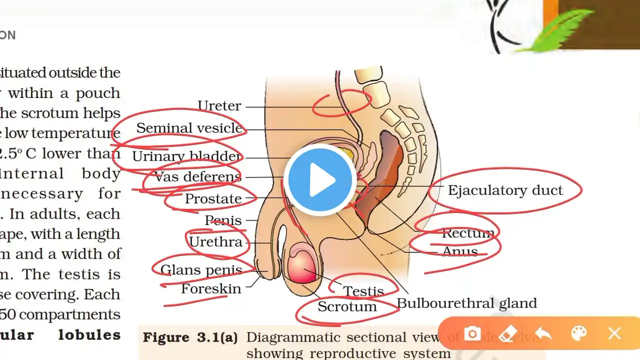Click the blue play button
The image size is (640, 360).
click(320, 180)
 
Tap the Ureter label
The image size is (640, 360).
click(219, 106)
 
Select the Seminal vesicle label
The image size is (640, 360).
click(189, 128)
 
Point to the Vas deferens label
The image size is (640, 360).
click(198, 176)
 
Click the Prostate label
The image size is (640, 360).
click(213, 199)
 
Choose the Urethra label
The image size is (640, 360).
click(215, 242)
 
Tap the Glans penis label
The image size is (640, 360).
click(201, 270)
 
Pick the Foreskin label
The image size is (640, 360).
click(210, 288)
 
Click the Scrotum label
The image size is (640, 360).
click(347, 306)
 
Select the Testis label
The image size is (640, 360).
click(363, 291)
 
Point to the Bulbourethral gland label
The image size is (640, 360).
click(466, 303)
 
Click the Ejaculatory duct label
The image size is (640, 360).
click(505, 190)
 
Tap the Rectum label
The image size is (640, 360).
click(468, 233)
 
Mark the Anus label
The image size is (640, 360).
click(460, 251)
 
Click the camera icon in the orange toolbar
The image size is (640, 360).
click(472, 333)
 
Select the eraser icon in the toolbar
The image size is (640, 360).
click(507, 333)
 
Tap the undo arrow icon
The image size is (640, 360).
click(543, 333)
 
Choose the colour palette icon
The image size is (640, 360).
click(578, 333)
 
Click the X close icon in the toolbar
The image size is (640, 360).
click(614, 333)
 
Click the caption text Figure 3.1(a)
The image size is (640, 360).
click(190, 337)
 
